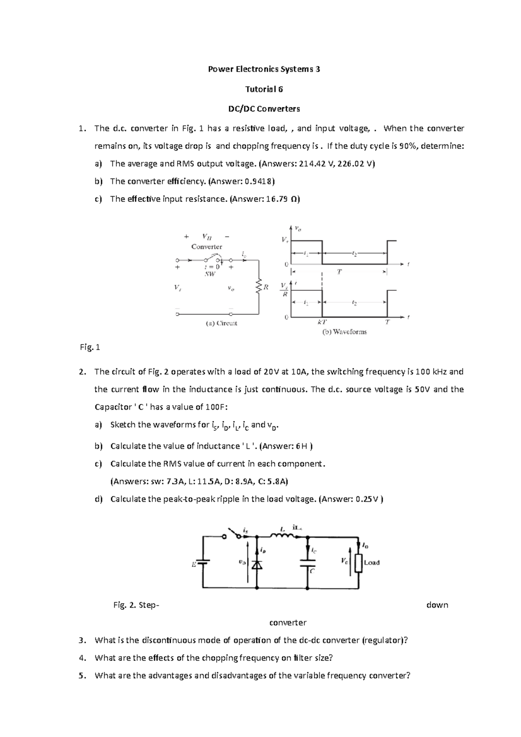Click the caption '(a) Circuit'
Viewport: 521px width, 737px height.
coord(221,323)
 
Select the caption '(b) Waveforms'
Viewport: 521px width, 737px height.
coord(344,332)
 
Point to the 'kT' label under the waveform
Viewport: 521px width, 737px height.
coord(322,322)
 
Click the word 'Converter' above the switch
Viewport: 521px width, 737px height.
coord(207,247)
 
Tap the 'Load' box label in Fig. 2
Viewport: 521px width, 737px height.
coord(372,563)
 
